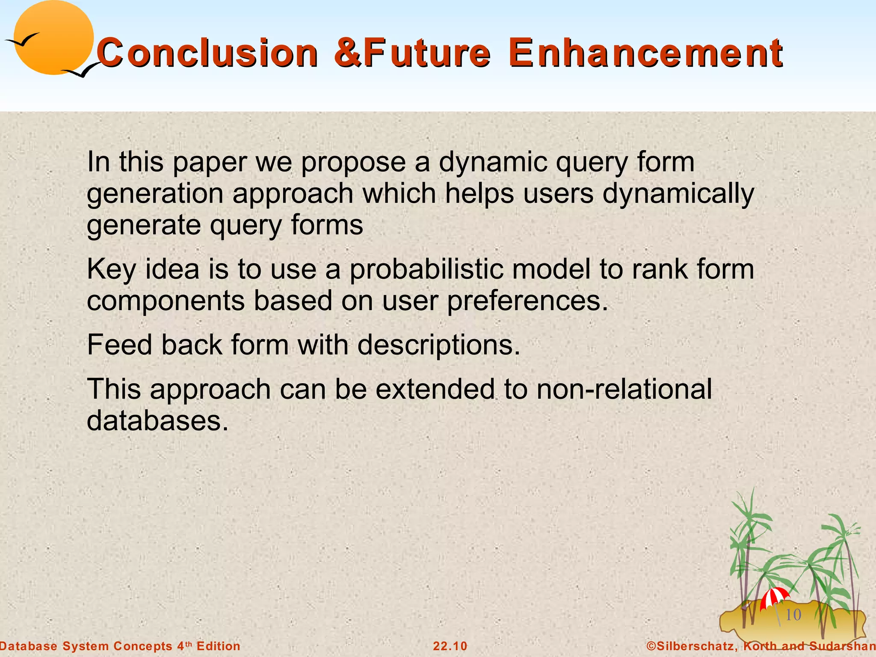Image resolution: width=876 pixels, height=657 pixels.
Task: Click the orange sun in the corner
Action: [x=53, y=38]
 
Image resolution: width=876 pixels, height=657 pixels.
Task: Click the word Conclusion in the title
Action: [x=207, y=53]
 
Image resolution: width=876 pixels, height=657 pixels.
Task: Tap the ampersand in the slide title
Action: [x=347, y=53]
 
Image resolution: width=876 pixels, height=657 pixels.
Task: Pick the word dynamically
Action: [x=678, y=194]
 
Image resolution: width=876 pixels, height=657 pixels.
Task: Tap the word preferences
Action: [x=527, y=301]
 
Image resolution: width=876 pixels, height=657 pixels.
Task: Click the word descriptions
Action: [x=438, y=345]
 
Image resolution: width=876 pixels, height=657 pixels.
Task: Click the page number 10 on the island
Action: [x=793, y=615]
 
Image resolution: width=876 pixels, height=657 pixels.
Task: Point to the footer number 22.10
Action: [x=450, y=646]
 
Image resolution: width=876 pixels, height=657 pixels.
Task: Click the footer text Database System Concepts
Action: [x=86, y=646]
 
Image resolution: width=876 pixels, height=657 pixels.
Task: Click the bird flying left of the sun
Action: [x=22, y=40]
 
